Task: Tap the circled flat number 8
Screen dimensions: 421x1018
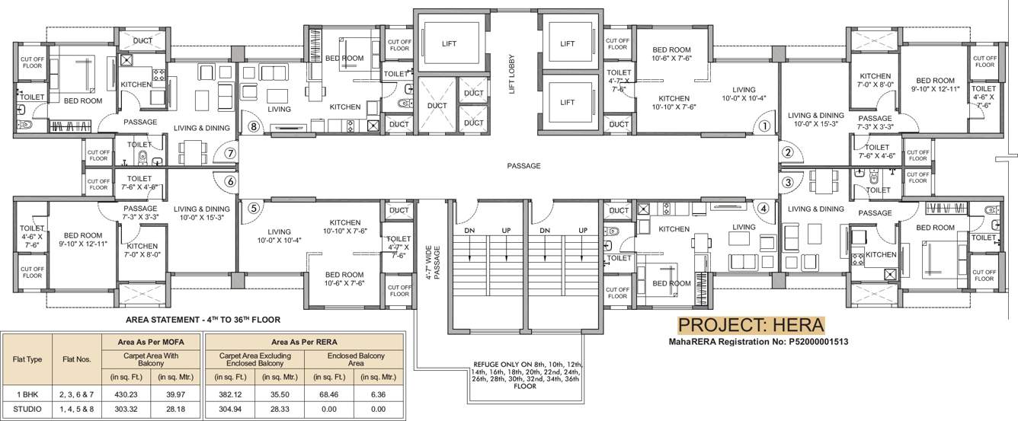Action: (x=254, y=127)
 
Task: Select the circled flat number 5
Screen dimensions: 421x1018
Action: (x=254, y=207)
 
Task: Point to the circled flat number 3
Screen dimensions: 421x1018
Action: (x=788, y=182)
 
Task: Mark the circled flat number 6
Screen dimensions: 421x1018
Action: (x=229, y=182)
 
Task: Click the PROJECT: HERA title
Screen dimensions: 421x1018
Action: (x=751, y=325)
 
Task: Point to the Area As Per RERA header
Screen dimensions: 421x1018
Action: (x=304, y=342)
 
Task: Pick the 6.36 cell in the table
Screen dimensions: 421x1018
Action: (x=379, y=393)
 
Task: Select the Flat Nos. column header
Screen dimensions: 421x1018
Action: (x=74, y=359)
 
